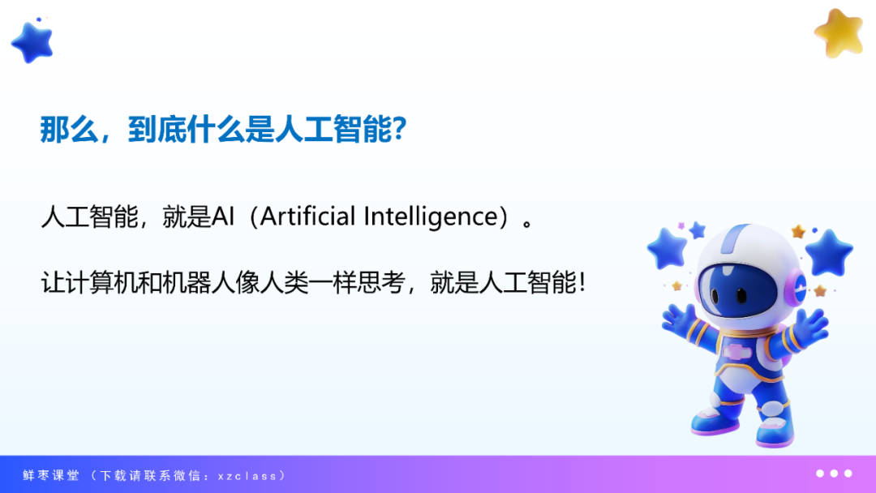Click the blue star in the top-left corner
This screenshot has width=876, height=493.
pos(33,42)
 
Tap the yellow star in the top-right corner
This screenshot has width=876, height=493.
pos(839,33)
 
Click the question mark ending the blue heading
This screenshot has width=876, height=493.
pos(399,129)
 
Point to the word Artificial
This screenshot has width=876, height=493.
pos(307,216)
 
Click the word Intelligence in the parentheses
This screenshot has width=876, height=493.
pos(430,216)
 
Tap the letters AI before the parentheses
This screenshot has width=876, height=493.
pos(223,216)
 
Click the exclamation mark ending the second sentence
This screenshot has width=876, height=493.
pos(582,282)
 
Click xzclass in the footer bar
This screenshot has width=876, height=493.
pos(247,476)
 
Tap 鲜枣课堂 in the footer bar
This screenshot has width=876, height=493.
pos(51,476)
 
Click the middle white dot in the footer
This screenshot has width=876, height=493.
pos(834,474)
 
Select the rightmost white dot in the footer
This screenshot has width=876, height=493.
pos(848,474)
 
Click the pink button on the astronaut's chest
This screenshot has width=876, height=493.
pos(736,352)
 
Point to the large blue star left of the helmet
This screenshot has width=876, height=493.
pos(667,248)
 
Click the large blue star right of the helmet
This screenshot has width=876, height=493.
pos(830,252)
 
